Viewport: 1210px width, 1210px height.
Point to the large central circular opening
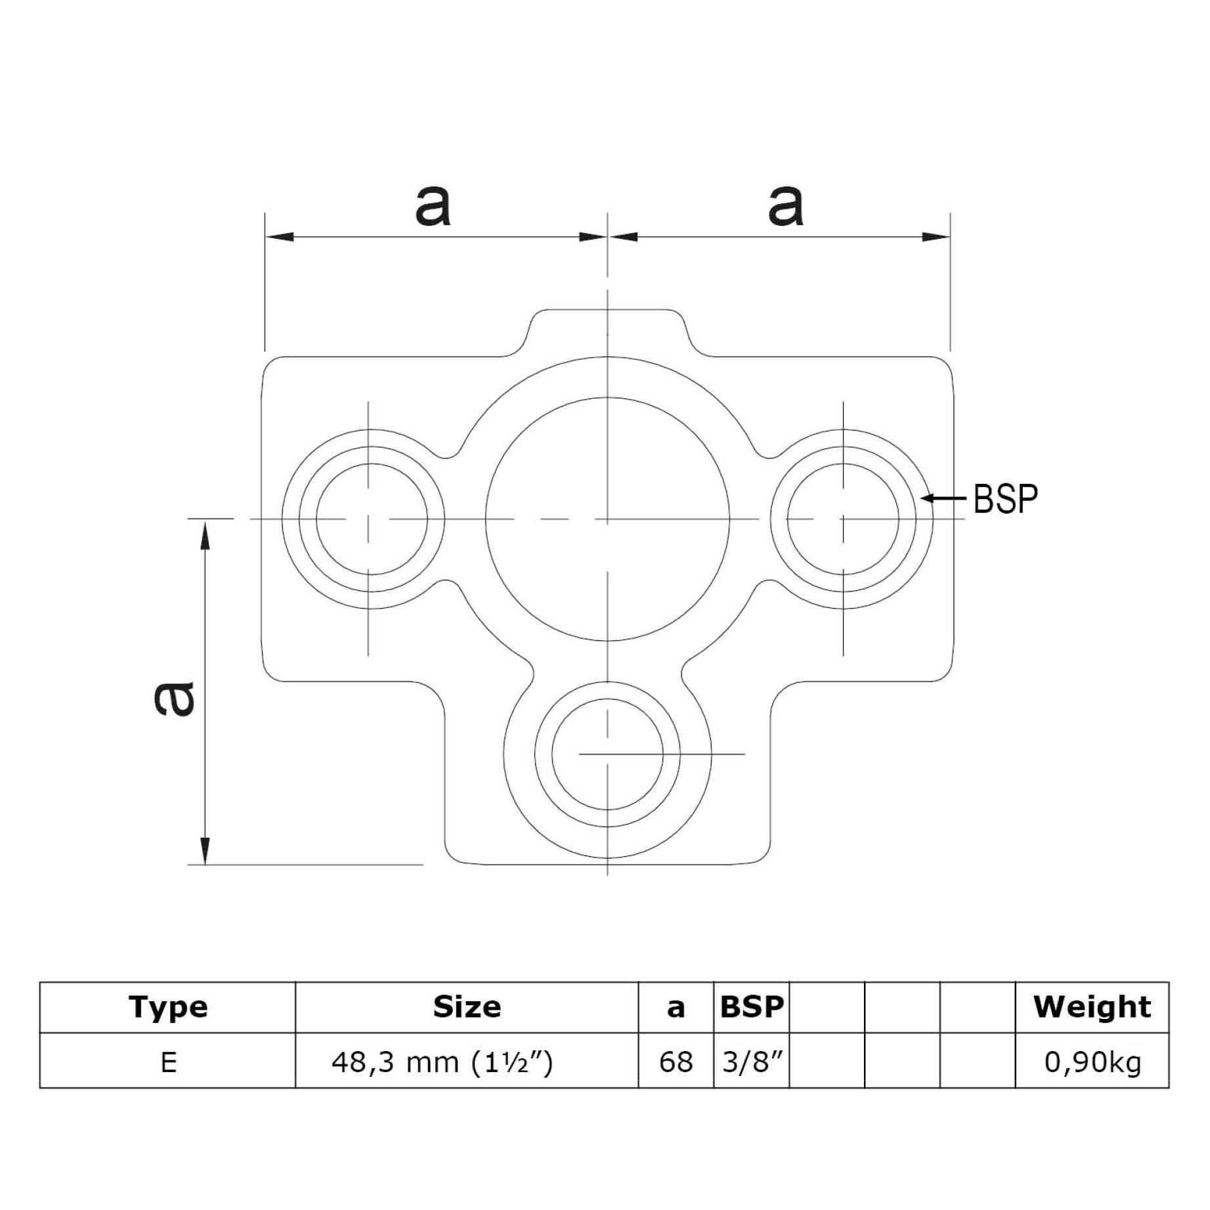[608, 519]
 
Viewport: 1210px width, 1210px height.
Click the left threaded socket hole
[372, 519]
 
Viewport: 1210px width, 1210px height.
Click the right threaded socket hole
[843, 519]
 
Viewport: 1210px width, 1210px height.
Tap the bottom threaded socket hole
[608, 754]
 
